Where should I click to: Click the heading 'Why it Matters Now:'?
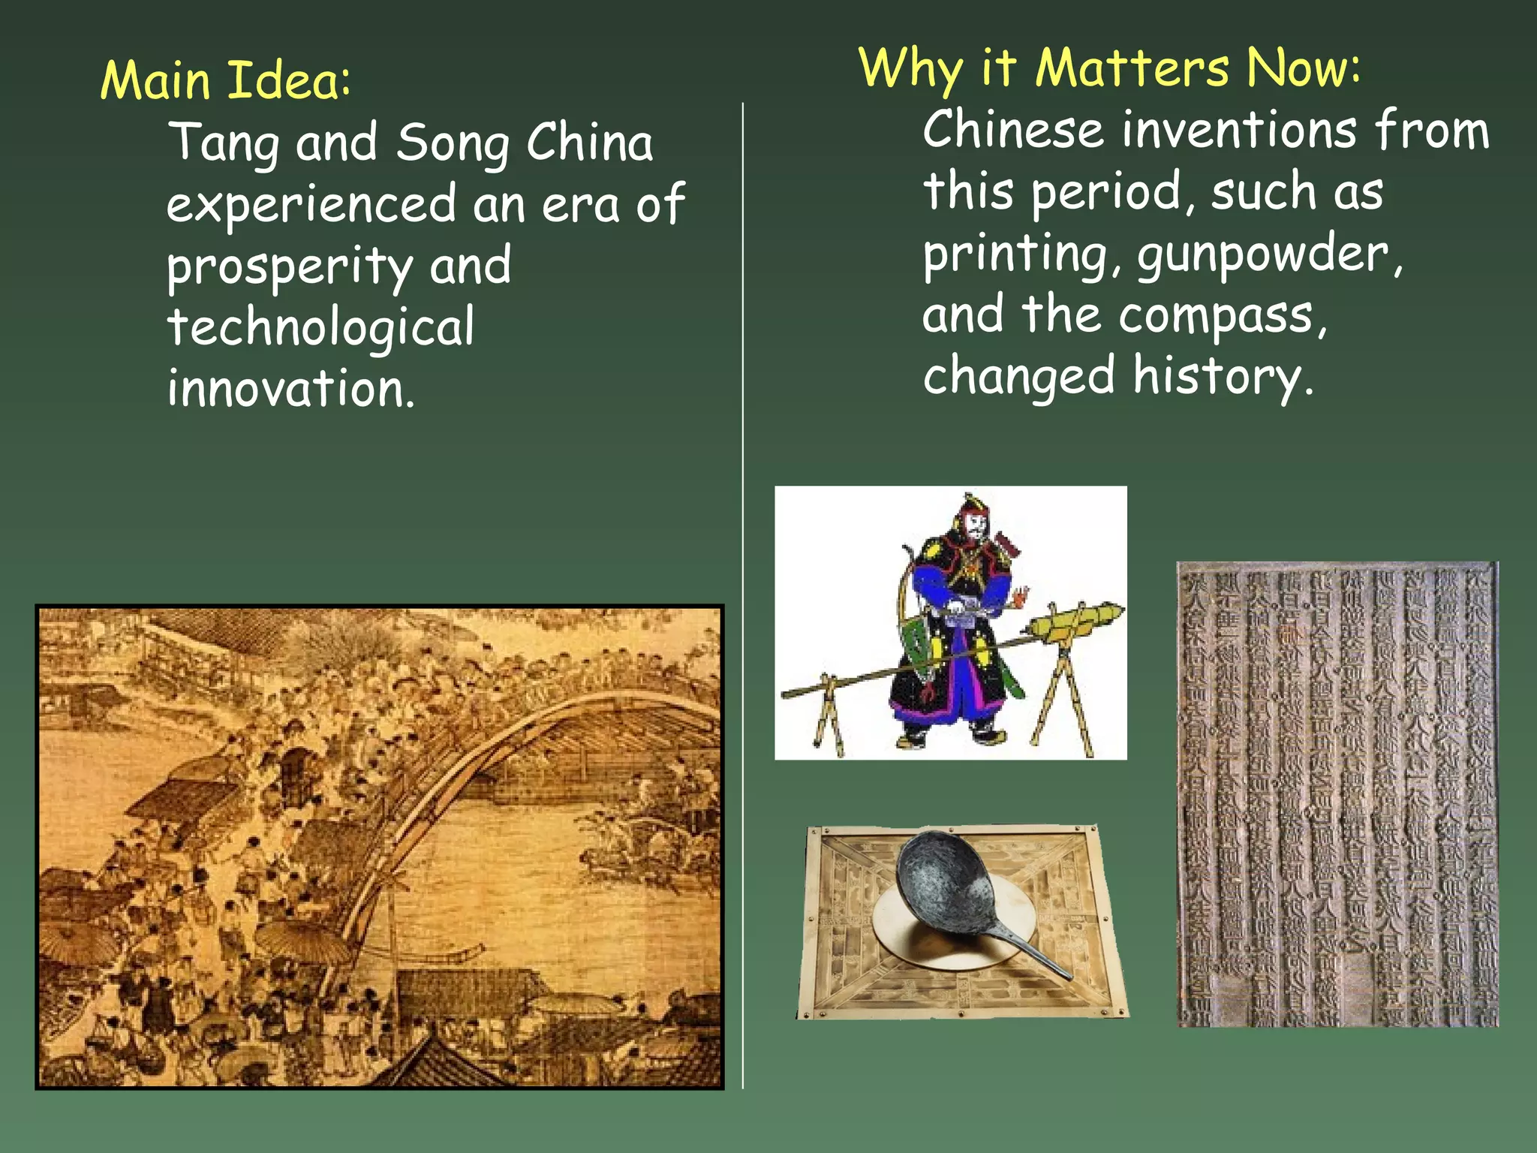coord(1109,68)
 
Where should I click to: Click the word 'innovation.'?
coord(290,389)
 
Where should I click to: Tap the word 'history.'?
coord(1223,377)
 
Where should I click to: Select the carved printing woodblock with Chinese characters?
coord(1337,794)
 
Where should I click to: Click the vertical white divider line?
coord(743,601)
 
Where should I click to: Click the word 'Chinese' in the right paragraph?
coord(1013,131)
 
